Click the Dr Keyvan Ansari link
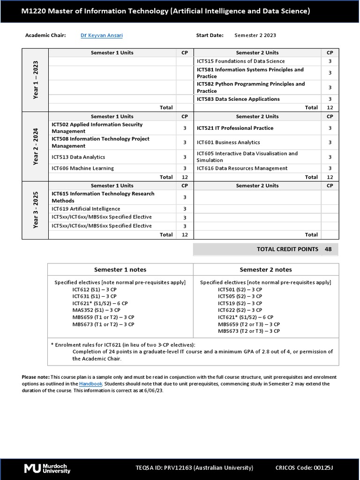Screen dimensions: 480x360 pyautogui.click(x=102, y=35)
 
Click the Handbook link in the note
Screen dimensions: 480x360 pyautogui.click(x=88, y=384)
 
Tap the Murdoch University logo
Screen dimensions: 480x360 pyautogui.click(x=47, y=468)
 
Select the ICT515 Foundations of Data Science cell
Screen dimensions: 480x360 pyautogui.click(x=241, y=61)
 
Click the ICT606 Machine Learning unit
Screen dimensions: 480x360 pyautogui.click(x=83, y=168)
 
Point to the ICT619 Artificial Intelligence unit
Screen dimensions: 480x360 pyautogui.click(x=86, y=209)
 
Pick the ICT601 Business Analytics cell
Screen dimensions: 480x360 pyautogui.click(x=228, y=142)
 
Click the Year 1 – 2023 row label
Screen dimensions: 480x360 pyautogui.click(x=35, y=80)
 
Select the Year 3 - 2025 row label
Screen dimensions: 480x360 pyautogui.click(x=35, y=210)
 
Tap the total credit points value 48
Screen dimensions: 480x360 pyautogui.click(x=328, y=249)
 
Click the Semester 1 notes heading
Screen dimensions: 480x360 pyautogui.click(x=120, y=270)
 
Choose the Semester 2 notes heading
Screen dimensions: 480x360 pyautogui.click(x=265, y=270)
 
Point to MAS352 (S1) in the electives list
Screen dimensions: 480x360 pyautogui.click(x=96, y=310)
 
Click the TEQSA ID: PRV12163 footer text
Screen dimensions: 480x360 pyautogui.click(x=194, y=468)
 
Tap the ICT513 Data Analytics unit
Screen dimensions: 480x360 pyautogui.click(x=78, y=157)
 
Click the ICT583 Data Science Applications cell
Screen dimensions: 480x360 pyautogui.click(x=238, y=99)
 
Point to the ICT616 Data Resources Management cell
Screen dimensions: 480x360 pyautogui.click(x=242, y=168)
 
